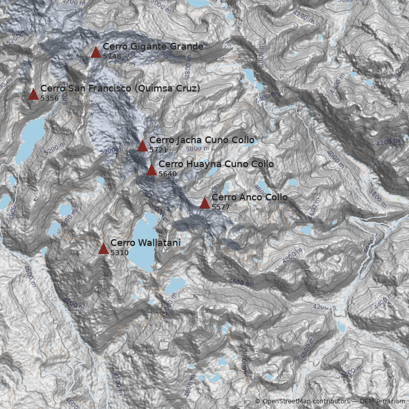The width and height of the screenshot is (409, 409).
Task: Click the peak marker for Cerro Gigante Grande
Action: click(96, 52)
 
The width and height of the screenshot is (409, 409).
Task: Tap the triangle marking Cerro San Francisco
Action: click(33, 94)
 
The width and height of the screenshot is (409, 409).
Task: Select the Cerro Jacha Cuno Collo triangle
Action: click(142, 146)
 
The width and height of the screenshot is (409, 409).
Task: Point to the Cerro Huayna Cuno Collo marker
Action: click(151, 170)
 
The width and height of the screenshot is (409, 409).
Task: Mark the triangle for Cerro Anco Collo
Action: click(204, 203)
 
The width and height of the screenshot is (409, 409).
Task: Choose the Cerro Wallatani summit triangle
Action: click(103, 248)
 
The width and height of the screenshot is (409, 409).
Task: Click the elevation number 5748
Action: click(111, 56)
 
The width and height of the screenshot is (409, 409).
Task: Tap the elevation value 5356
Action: click(49, 98)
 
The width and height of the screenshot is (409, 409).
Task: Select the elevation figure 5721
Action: click(158, 150)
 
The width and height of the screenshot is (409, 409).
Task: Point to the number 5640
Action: click(167, 174)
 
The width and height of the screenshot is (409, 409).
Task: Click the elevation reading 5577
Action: click(220, 207)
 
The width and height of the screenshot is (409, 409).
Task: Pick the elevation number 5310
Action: click(119, 253)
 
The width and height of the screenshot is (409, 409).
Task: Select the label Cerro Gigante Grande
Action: click(153, 47)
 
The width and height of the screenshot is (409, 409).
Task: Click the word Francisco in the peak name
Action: click(110, 88)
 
